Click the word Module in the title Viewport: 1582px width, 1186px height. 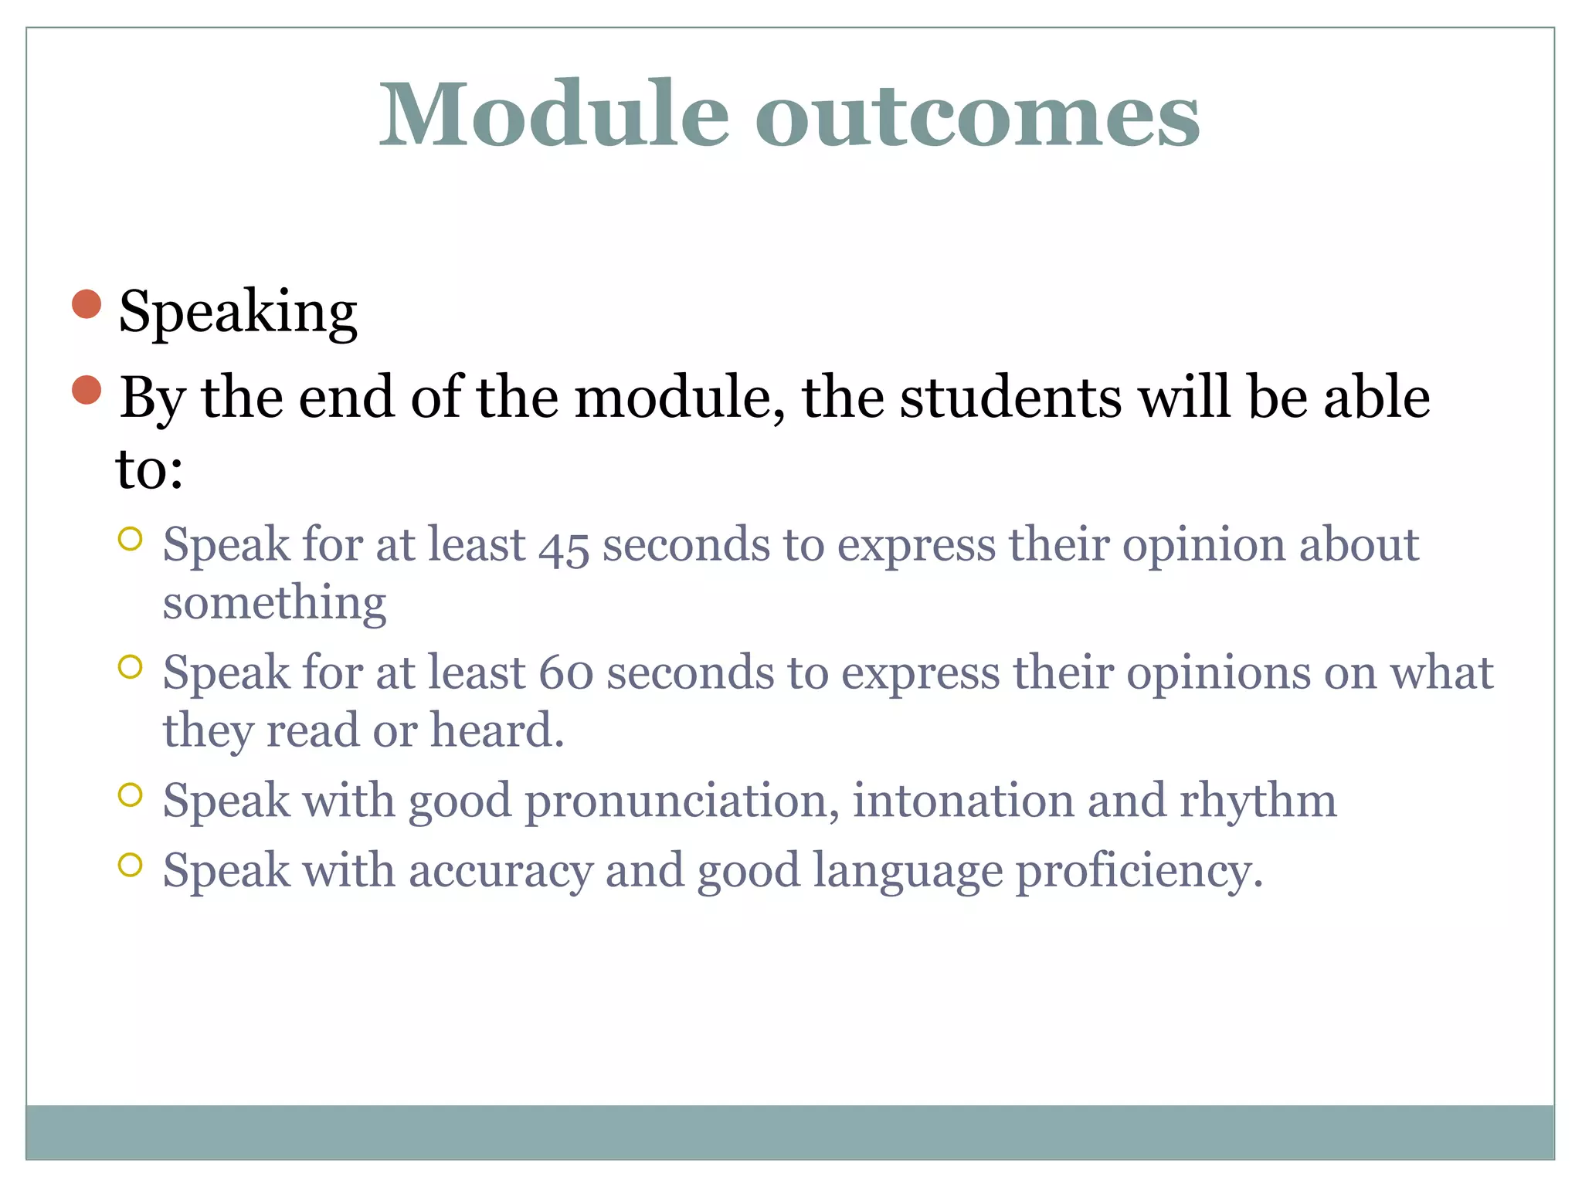(x=553, y=114)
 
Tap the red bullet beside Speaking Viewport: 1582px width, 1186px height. (x=87, y=304)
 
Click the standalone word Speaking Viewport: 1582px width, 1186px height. (x=237, y=313)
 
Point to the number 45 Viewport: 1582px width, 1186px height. (x=564, y=547)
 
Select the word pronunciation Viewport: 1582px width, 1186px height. (x=681, y=801)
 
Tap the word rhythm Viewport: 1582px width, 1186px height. (x=1258, y=801)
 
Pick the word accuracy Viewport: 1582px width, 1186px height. (x=501, y=872)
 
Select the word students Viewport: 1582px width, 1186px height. (x=1010, y=398)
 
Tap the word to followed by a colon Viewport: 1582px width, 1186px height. (x=148, y=470)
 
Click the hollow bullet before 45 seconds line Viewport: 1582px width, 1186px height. (x=131, y=539)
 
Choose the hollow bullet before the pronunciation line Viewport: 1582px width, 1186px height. (x=131, y=795)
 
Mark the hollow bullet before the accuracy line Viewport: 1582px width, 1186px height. (x=131, y=865)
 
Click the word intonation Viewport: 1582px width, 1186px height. (x=962, y=801)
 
